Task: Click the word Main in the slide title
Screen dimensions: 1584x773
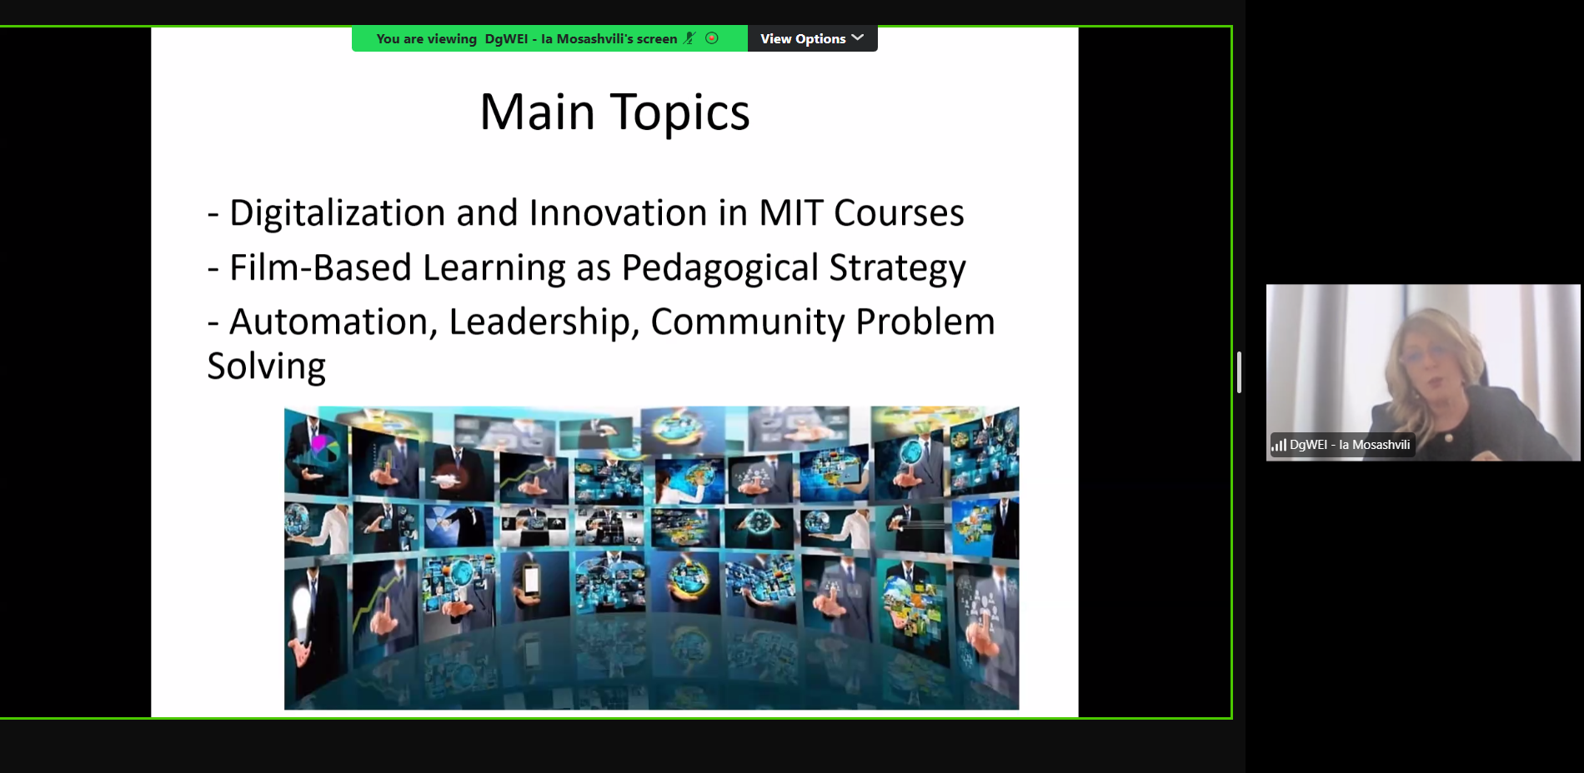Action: [537, 112]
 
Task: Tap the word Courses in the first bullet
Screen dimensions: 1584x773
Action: [899, 214]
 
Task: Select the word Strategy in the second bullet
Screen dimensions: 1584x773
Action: [897, 269]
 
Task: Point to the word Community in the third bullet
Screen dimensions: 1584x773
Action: [748, 323]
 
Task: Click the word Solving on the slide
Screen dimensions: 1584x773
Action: [266, 367]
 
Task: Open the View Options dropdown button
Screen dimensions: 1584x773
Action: [812, 38]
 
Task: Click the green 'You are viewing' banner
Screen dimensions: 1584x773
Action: [549, 38]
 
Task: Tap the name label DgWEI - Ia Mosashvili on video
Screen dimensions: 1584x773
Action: [1350, 445]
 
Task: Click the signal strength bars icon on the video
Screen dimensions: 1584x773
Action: [1279, 446]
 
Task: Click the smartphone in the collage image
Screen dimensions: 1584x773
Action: [531, 580]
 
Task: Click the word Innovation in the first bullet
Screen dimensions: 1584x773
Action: [618, 213]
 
